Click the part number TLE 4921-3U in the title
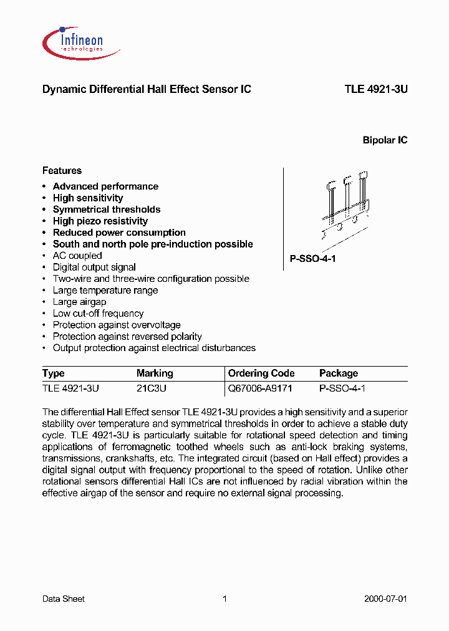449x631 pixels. [x=375, y=89]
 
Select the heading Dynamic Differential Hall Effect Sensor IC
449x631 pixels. [x=147, y=89]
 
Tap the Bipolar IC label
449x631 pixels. [x=385, y=140]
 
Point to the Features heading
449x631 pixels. [x=62, y=170]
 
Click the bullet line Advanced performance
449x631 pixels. [x=105, y=186]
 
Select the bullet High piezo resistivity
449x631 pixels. [x=100, y=221]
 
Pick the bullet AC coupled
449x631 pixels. [x=77, y=256]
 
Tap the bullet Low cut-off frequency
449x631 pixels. [x=98, y=314]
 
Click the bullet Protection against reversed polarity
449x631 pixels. [x=127, y=337]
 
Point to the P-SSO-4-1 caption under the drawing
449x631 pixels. [x=313, y=259]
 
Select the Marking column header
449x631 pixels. [x=155, y=373]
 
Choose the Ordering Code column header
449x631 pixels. [x=261, y=373]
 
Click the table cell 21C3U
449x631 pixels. [x=152, y=388]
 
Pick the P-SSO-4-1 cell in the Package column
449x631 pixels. [x=342, y=388]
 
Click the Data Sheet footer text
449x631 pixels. [x=63, y=599]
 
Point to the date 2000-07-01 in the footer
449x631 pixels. [x=385, y=599]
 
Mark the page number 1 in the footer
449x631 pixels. [x=224, y=599]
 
